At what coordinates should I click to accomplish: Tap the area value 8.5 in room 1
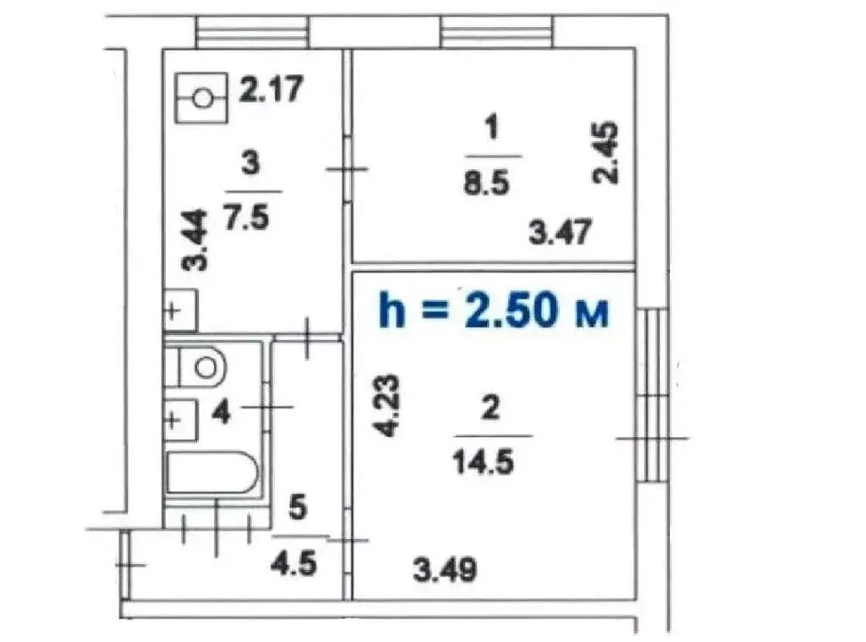coord(486,183)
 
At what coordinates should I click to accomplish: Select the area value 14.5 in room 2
coord(483,461)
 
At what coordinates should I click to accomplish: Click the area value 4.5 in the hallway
coord(293,564)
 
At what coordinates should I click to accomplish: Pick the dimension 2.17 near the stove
coord(271,90)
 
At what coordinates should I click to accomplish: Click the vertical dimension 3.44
coord(195,240)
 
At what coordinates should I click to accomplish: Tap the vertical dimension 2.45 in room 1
coord(606,153)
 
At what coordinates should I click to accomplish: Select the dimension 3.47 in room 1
coord(560,232)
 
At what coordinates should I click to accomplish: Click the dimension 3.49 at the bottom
coord(445,569)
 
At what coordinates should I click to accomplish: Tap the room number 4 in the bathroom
coord(221,412)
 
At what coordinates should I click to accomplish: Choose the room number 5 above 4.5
coord(297,508)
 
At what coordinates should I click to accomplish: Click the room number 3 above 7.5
coord(250,163)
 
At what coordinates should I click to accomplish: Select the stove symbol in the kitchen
coord(201,98)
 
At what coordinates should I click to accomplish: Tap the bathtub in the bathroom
coord(212,472)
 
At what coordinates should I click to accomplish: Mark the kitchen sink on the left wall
coord(181,310)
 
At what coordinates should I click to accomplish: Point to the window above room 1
coord(496,31)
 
